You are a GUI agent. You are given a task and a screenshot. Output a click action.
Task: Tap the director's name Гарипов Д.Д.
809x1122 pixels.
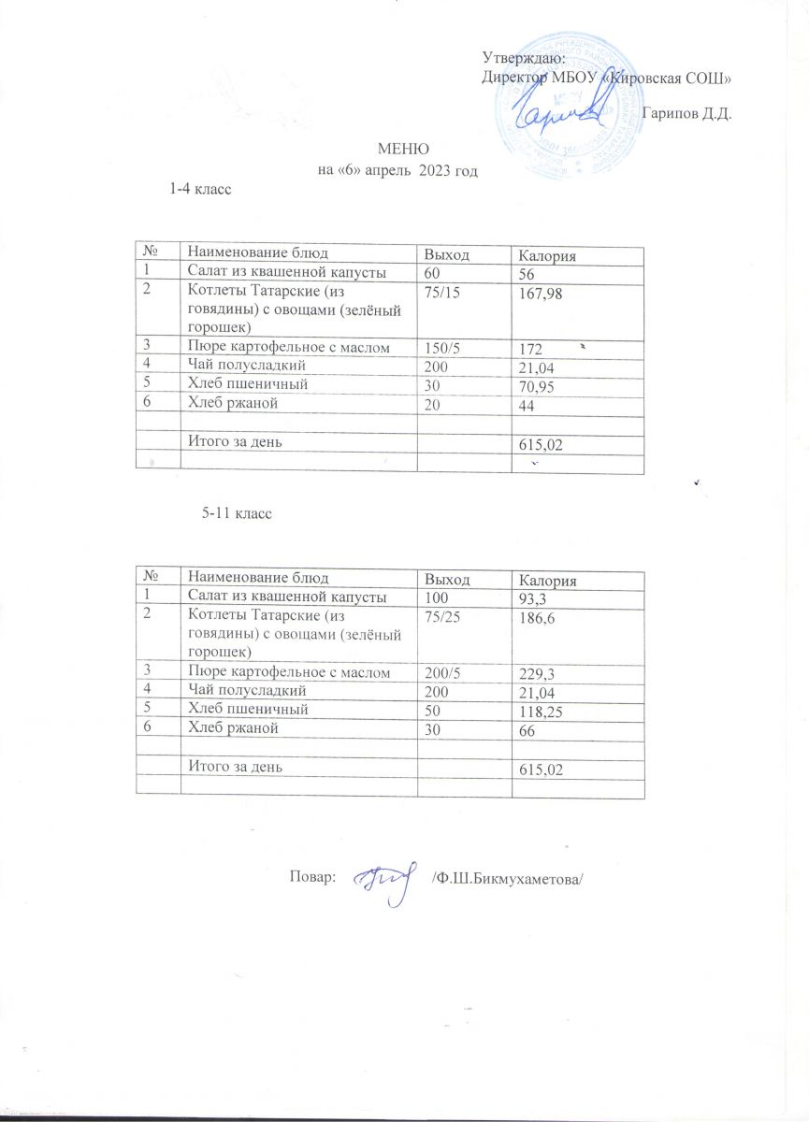point(686,114)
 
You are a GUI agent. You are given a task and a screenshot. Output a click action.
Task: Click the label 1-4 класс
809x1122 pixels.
point(199,190)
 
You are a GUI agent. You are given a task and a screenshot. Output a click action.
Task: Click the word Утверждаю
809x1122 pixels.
point(517,59)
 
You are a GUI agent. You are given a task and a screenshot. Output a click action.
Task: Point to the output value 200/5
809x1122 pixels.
point(445,673)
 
